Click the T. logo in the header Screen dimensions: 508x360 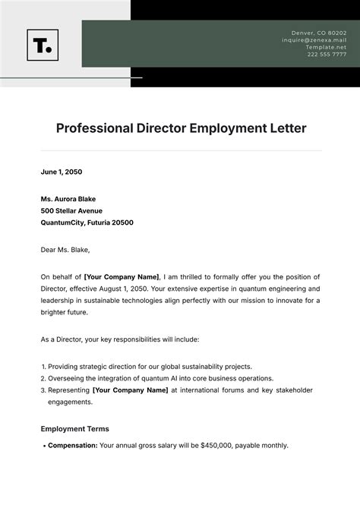43,46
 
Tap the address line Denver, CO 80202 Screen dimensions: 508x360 319,33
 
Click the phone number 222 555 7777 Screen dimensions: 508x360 327,55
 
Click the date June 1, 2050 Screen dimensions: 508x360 62,172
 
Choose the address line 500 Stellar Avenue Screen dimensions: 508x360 71,210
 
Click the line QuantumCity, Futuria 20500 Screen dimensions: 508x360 87,223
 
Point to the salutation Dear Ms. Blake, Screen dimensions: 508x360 65,248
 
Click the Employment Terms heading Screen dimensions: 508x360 74,428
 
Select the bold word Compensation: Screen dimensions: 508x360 72,446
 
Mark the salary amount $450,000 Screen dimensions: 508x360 218,446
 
